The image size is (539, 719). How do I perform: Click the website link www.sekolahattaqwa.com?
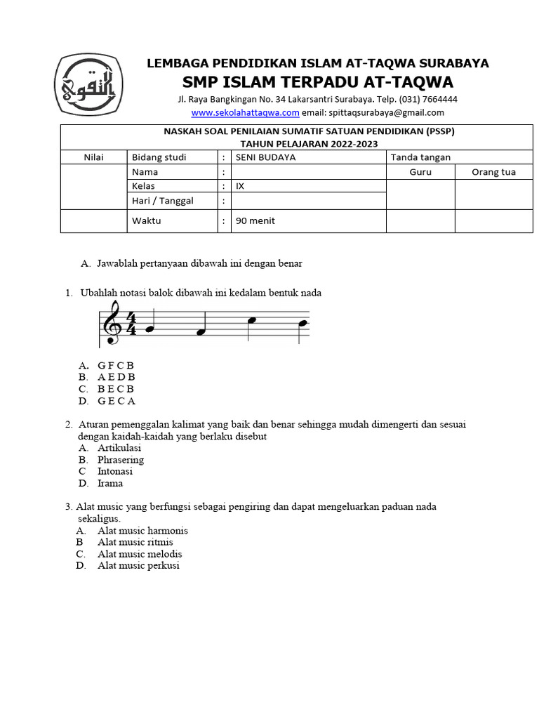click(245, 112)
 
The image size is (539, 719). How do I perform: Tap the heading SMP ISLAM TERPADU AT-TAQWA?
click(317, 81)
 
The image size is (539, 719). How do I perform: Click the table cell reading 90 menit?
click(255, 220)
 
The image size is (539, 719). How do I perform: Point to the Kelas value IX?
click(240, 186)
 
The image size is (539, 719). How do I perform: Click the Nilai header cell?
click(93, 157)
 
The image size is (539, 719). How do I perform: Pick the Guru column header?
click(420, 172)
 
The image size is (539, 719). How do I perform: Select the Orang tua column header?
click(493, 172)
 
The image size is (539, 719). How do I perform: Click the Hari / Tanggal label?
click(163, 201)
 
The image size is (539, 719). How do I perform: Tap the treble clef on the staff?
click(112, 323)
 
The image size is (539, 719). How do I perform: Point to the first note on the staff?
click(148, 329)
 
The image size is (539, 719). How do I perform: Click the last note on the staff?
click(302, 324)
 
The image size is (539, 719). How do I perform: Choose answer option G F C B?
click(116, 365)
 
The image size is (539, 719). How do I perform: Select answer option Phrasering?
click(121, 460)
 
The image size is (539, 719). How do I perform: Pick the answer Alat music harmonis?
click(142, 531)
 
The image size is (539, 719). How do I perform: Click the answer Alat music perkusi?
click(138, 565)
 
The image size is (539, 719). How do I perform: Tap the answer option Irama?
click(110, 483)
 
